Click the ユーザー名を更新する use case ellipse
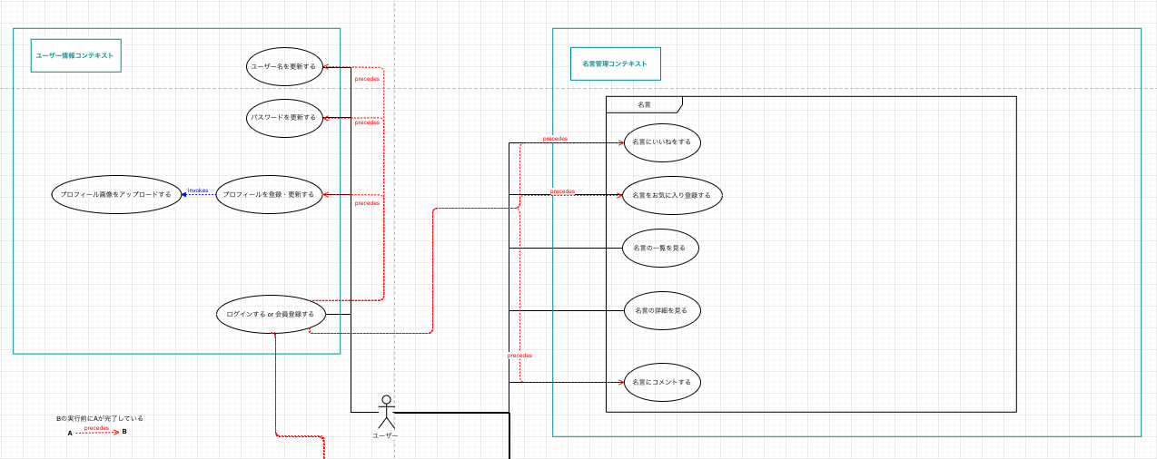coord(284,66)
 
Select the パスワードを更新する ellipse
coord(284,118)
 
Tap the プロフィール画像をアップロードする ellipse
coord(116,194)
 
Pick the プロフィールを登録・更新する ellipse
coord(269,194)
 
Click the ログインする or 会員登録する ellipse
coord(271,314)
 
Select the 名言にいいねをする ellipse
coord(662,142)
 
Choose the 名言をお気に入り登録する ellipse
coord(672,195)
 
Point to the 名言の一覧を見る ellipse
coord(660,248)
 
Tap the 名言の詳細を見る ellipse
coord(662,310)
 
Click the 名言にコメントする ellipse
coord(662,382)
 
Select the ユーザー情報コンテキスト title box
coord(75,55)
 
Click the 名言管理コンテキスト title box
coord(615,64)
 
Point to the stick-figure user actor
coord(386,413)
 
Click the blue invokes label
coord(198,190)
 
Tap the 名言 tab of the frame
coord(644,104)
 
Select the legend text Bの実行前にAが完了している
coord(100,418)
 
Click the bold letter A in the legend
coord(70,433)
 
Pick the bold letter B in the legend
coord(124,432)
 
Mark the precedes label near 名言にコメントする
coord(519,356)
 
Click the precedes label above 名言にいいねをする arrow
coord(555,139)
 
